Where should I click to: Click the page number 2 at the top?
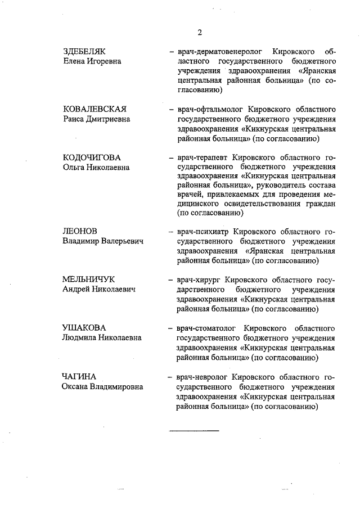(200, 31)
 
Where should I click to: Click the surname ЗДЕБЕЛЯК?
(84, 51)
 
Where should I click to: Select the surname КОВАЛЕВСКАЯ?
(94, 109)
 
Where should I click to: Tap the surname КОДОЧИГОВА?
(92, 157)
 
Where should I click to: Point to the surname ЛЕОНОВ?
(80, 231)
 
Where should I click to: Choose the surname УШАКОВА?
(84, 328)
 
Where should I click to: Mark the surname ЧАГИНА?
(79, 376)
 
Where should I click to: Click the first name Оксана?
(77, 386)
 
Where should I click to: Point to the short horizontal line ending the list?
(194, 431)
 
